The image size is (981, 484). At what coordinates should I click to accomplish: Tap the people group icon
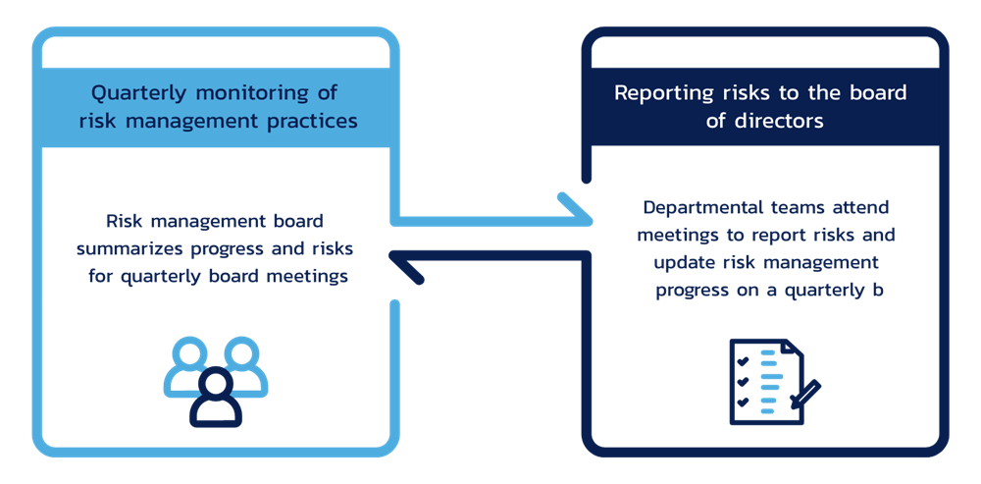(215, 381)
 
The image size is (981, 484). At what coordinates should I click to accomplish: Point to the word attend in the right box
(864, 208)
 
